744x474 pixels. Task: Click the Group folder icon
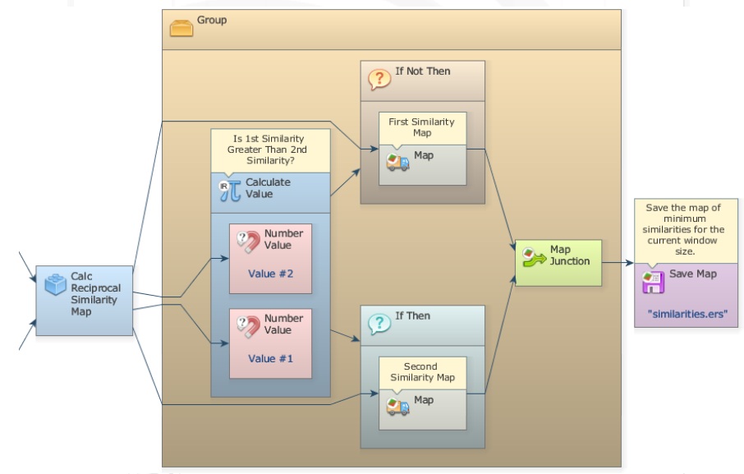181,26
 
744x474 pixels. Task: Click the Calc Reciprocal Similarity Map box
85,300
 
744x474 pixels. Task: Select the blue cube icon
56,284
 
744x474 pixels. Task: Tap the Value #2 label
270,274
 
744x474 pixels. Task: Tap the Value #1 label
270,359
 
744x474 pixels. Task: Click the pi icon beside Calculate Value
229,191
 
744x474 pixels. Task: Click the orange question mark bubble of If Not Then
379,80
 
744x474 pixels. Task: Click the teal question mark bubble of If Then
379,324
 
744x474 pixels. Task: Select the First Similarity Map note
422,127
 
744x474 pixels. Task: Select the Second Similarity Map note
421,371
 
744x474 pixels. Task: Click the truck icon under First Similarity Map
397,162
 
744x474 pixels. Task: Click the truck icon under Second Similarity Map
397,406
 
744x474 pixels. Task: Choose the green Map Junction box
558,262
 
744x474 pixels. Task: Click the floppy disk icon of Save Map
652,282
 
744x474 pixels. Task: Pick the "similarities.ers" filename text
687,314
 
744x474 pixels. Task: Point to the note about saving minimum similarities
686,230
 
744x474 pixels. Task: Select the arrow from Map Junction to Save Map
618,264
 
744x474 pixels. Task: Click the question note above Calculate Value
270,150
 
